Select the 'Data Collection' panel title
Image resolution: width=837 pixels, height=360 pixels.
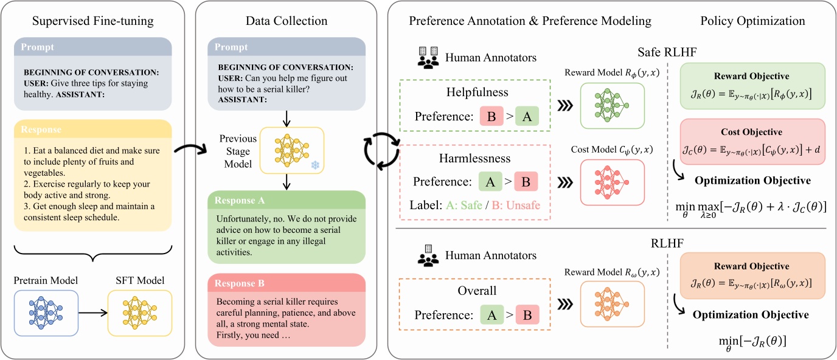(x=287, y=21)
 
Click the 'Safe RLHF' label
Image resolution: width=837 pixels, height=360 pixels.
(x=667, y=52)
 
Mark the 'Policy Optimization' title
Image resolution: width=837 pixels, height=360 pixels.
(x=752, y=21)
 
